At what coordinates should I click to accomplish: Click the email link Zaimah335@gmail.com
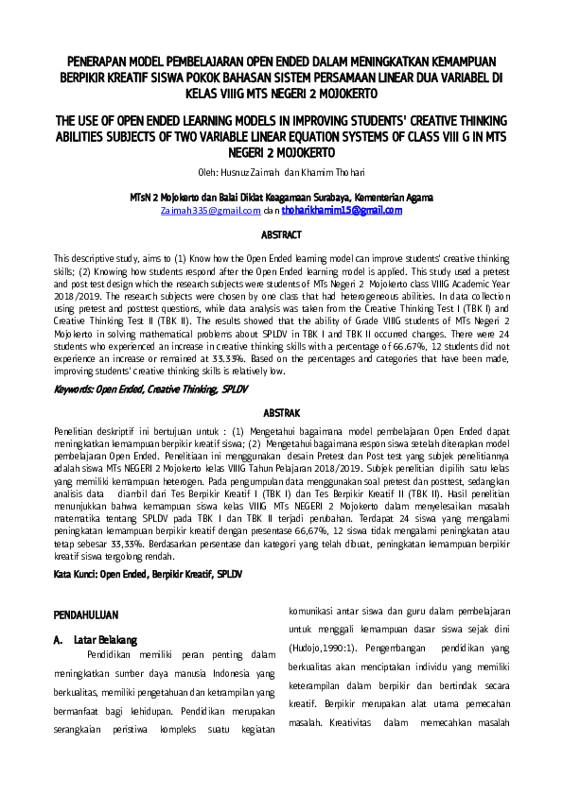pyautogui.click(x=210, y=210)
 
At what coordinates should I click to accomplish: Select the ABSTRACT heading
pyautogui.click(x=281, y=234)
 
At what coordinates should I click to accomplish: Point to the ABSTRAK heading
pyautogui.click(x=281, y=413)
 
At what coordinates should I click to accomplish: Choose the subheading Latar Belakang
pyautogui.click(x=105, y=640)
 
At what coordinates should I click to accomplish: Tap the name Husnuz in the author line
pyautogui.click(x=237, y=172)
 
